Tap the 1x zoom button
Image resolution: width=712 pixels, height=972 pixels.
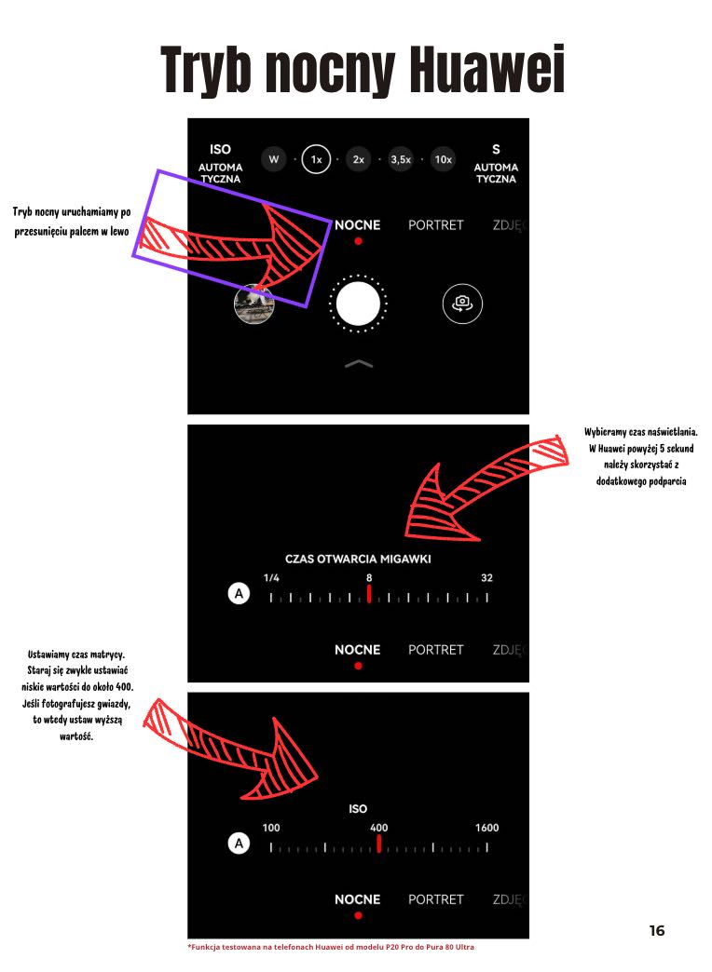coord(316,159)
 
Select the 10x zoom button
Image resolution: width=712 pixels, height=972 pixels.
coord(444,159)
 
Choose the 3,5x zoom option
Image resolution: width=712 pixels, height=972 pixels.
coord(401,159)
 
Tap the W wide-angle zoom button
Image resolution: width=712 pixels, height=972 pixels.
coord(274,159)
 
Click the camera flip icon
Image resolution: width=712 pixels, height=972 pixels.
coord(462,304)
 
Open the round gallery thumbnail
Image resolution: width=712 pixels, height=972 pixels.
coord(253,304)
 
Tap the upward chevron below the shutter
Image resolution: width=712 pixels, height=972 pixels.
coord(359,364)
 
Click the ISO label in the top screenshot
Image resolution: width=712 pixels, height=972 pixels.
coord(220,149)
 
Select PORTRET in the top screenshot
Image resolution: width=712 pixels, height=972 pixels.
coord(436,225)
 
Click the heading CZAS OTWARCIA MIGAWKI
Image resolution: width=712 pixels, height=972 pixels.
coord(358,559)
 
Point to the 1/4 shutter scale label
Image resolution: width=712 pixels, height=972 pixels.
coord(271,578)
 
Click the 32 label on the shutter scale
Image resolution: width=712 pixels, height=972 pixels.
coord(486,578)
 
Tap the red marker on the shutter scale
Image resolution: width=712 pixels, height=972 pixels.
coord(369,594)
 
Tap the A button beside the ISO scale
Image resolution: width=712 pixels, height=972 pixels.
coord(239,844)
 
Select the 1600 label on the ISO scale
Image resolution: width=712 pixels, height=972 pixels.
coord(486,828)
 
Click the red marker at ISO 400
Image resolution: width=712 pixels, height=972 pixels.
coord(378,844)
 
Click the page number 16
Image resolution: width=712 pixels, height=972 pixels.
coord(657,930)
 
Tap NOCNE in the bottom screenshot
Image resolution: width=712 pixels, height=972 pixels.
coord(358,899)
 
